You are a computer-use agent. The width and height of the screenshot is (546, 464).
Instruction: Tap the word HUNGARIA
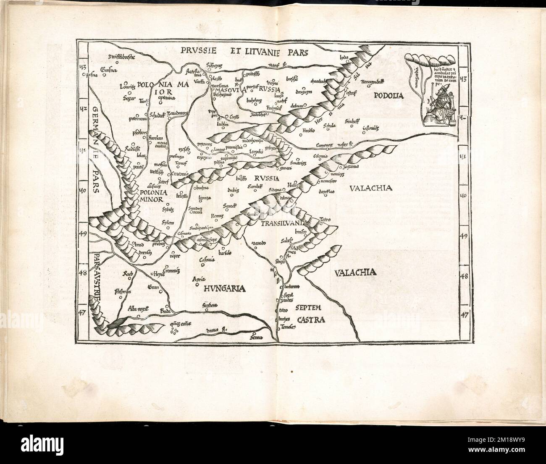pyautogui.click(x=225, y=288)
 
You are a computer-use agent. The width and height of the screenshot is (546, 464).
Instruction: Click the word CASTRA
pyautogui.click(x=312, y=320)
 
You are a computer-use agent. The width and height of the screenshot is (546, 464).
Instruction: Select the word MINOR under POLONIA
pyautogui.click(x=149, y=200)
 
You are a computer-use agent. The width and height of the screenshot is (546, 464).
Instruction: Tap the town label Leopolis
pyautogui.click(x=255, y=152)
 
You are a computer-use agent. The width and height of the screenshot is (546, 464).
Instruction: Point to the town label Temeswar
pyautogui.click(x=286, y=330)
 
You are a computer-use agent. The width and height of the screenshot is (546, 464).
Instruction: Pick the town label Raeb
pyautogui.click(x=127, y=274)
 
